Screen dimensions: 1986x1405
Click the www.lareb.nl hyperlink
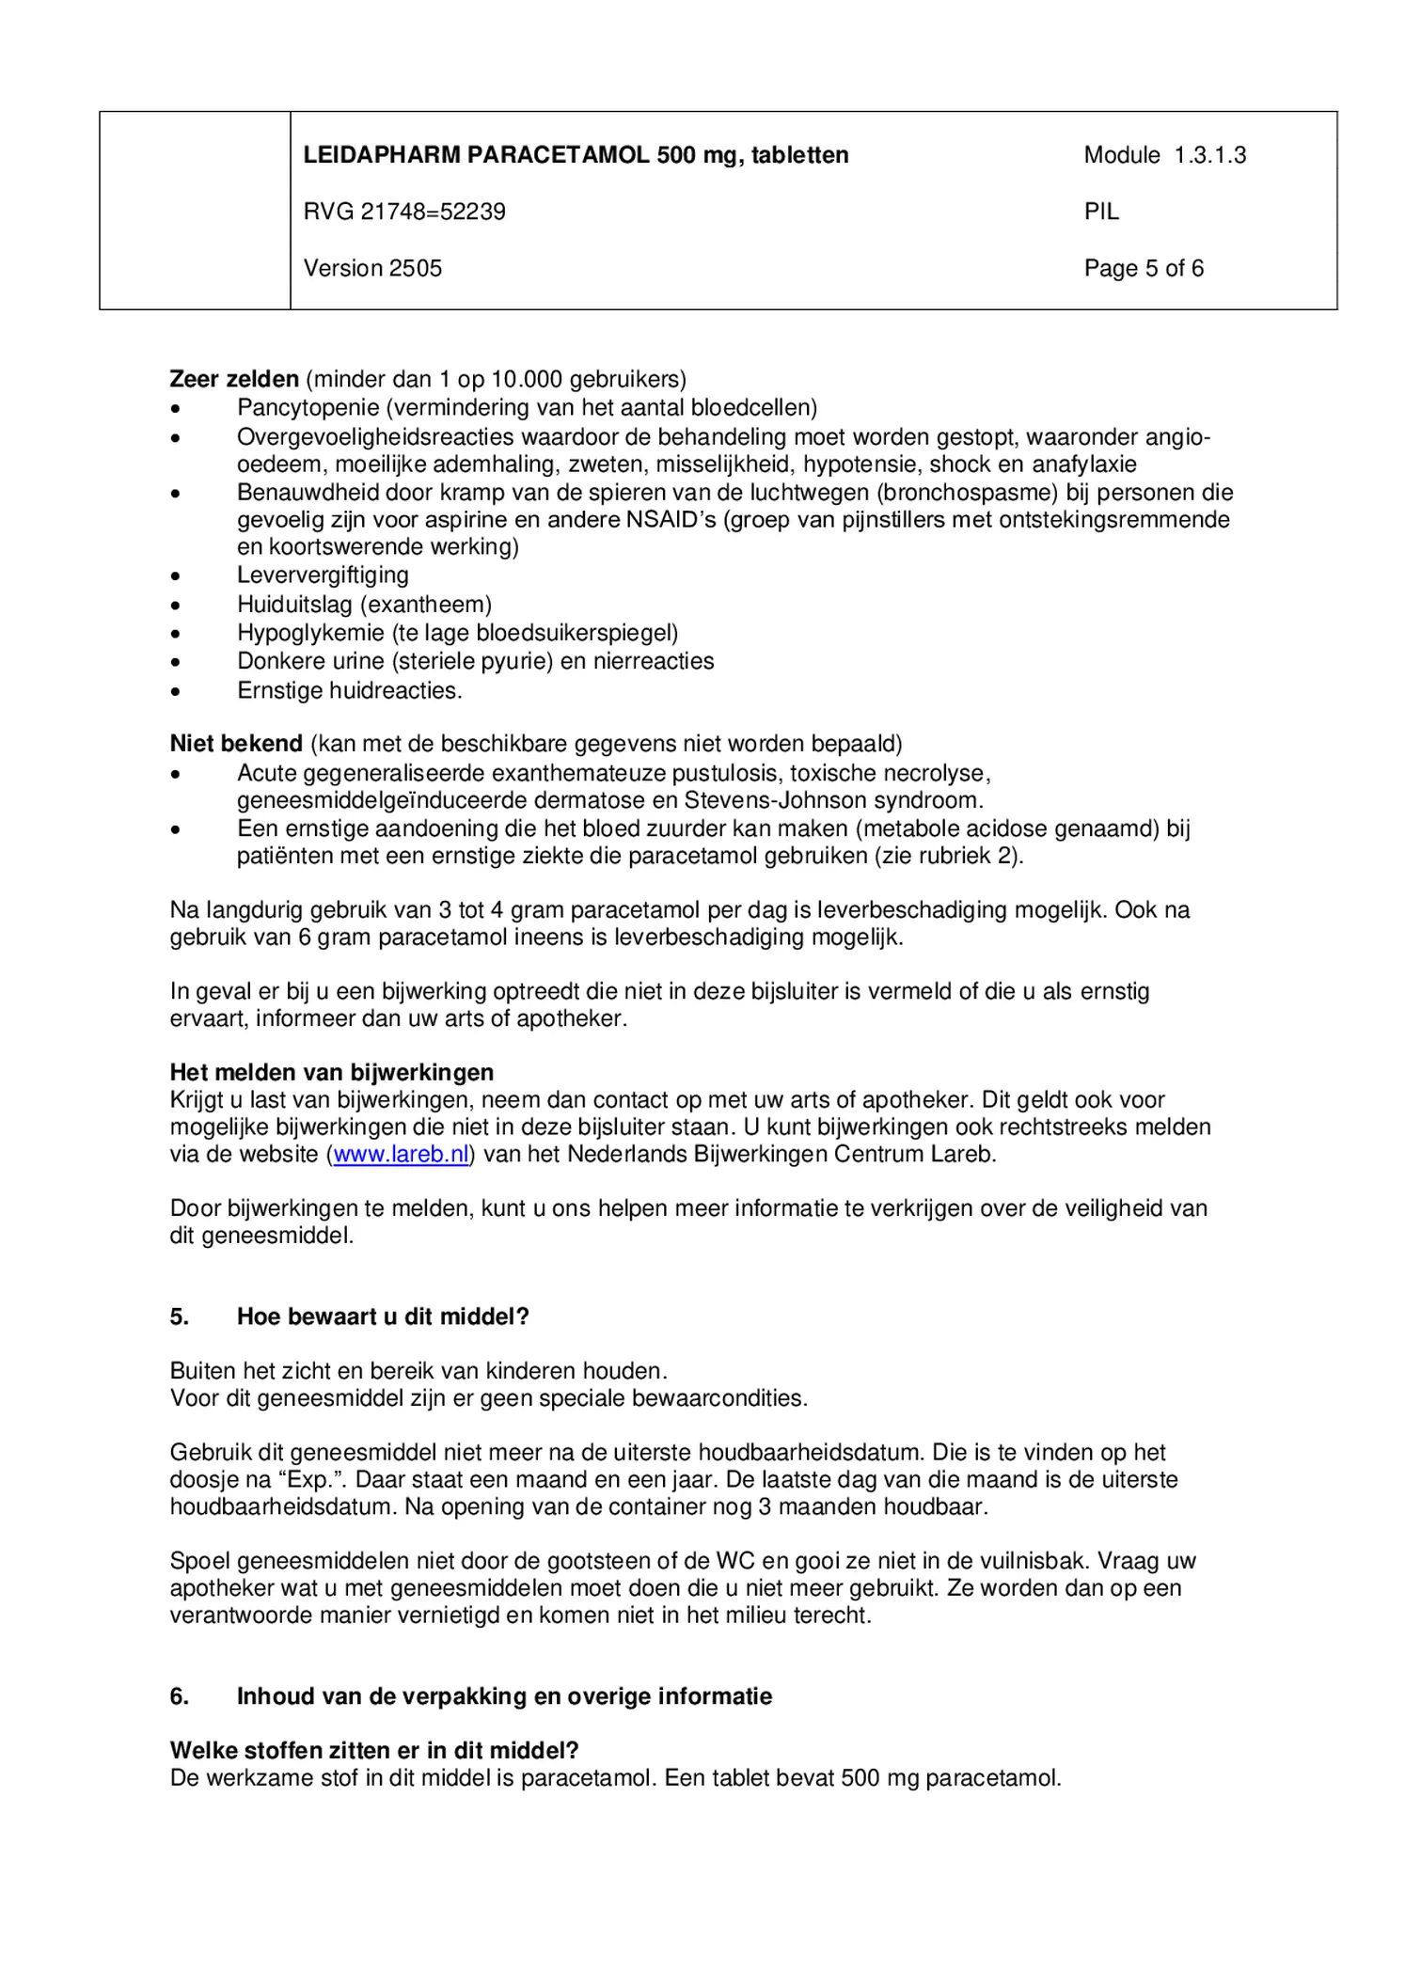pyautogui.click(x=401, y=1154)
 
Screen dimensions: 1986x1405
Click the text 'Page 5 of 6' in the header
pyautogui.click(x=1143, y=268)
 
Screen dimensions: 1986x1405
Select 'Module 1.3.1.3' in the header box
pyautogui.click(x=1164, y=155)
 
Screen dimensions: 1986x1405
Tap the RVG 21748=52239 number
pyautogui.click(x=403, y=212)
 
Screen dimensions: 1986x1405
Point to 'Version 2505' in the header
pyautogui.click(x=372, y=268)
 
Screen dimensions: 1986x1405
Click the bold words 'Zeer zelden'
pyautogui.click(x=233, y=379)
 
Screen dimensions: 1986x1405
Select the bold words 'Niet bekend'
pyautogui.click(x=235, y=744)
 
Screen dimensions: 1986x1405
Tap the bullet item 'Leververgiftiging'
pyautogui.click(x=323, y=575)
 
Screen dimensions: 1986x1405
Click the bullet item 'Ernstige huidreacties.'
pyautogui.click(x=349, y=690)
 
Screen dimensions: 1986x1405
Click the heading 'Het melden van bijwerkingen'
pyautogui.click(x=331, y=1072)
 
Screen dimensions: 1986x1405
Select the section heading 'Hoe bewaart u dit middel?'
pyautogui.click(x=383, y=1316)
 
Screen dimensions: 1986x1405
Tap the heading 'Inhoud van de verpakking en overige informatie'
pyautogui.click(x=504, y=1696)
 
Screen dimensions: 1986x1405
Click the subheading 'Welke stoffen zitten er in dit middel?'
pyautogui.click(x=373, y=1750)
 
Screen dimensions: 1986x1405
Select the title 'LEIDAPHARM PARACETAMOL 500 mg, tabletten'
pyautogui.click(x=576, y=155)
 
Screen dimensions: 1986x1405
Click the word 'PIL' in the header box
pyautogui.click(x=1101, y=212)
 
